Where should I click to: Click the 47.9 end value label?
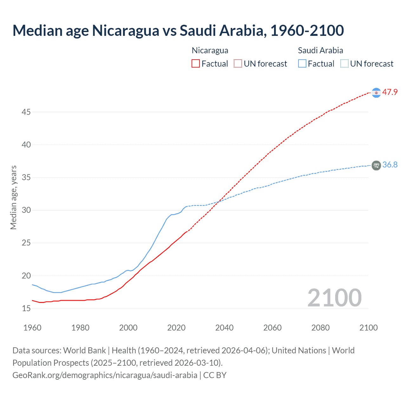pos(390,92)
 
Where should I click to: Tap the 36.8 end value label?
pos(390,165)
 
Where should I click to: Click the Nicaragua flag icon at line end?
pos(376,93)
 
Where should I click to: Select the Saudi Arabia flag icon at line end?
pos(376,165)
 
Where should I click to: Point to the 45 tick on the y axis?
pos(26,112)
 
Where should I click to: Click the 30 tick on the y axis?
pos(26,210)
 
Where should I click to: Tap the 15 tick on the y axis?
pos(26,308)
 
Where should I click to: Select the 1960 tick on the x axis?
pos(32,328)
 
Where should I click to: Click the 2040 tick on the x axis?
pos(224,328)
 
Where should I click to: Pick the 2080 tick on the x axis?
pos(320,328)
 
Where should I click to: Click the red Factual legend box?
pos(196,64)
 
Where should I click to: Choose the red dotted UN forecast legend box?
pos(238,64)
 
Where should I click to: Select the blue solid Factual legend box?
pos(302,64)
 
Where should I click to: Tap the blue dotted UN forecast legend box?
pos(344,64)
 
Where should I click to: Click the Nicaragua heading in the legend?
pos(210,50)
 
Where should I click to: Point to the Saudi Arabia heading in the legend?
pos(320,50)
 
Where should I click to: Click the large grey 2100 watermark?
pos(334,298)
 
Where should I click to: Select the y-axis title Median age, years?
pos(13,197)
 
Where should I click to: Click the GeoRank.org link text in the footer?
pos(105,375)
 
